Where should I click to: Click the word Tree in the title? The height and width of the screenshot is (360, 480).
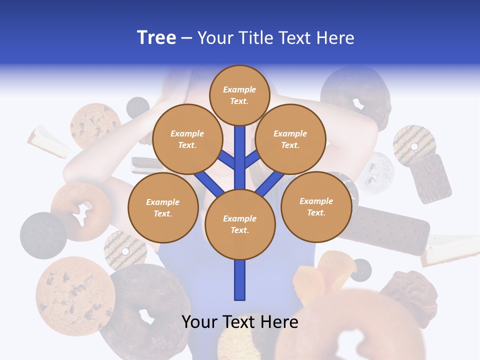(156, 38)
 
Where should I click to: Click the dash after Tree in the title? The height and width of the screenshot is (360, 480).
(186, 38)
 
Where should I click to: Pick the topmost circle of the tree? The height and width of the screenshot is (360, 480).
(239, 95)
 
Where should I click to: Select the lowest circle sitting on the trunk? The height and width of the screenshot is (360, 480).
(240, 224)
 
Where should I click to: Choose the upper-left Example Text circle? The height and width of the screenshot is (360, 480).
(187, 139)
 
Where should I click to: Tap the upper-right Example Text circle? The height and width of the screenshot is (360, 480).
(290, 139)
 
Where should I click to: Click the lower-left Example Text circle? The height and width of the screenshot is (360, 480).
(163, 208)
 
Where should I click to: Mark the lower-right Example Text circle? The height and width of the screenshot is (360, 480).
(316, 206)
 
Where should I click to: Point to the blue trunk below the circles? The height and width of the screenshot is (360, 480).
(240, 280)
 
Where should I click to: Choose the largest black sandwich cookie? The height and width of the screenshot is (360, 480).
(43, 235)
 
